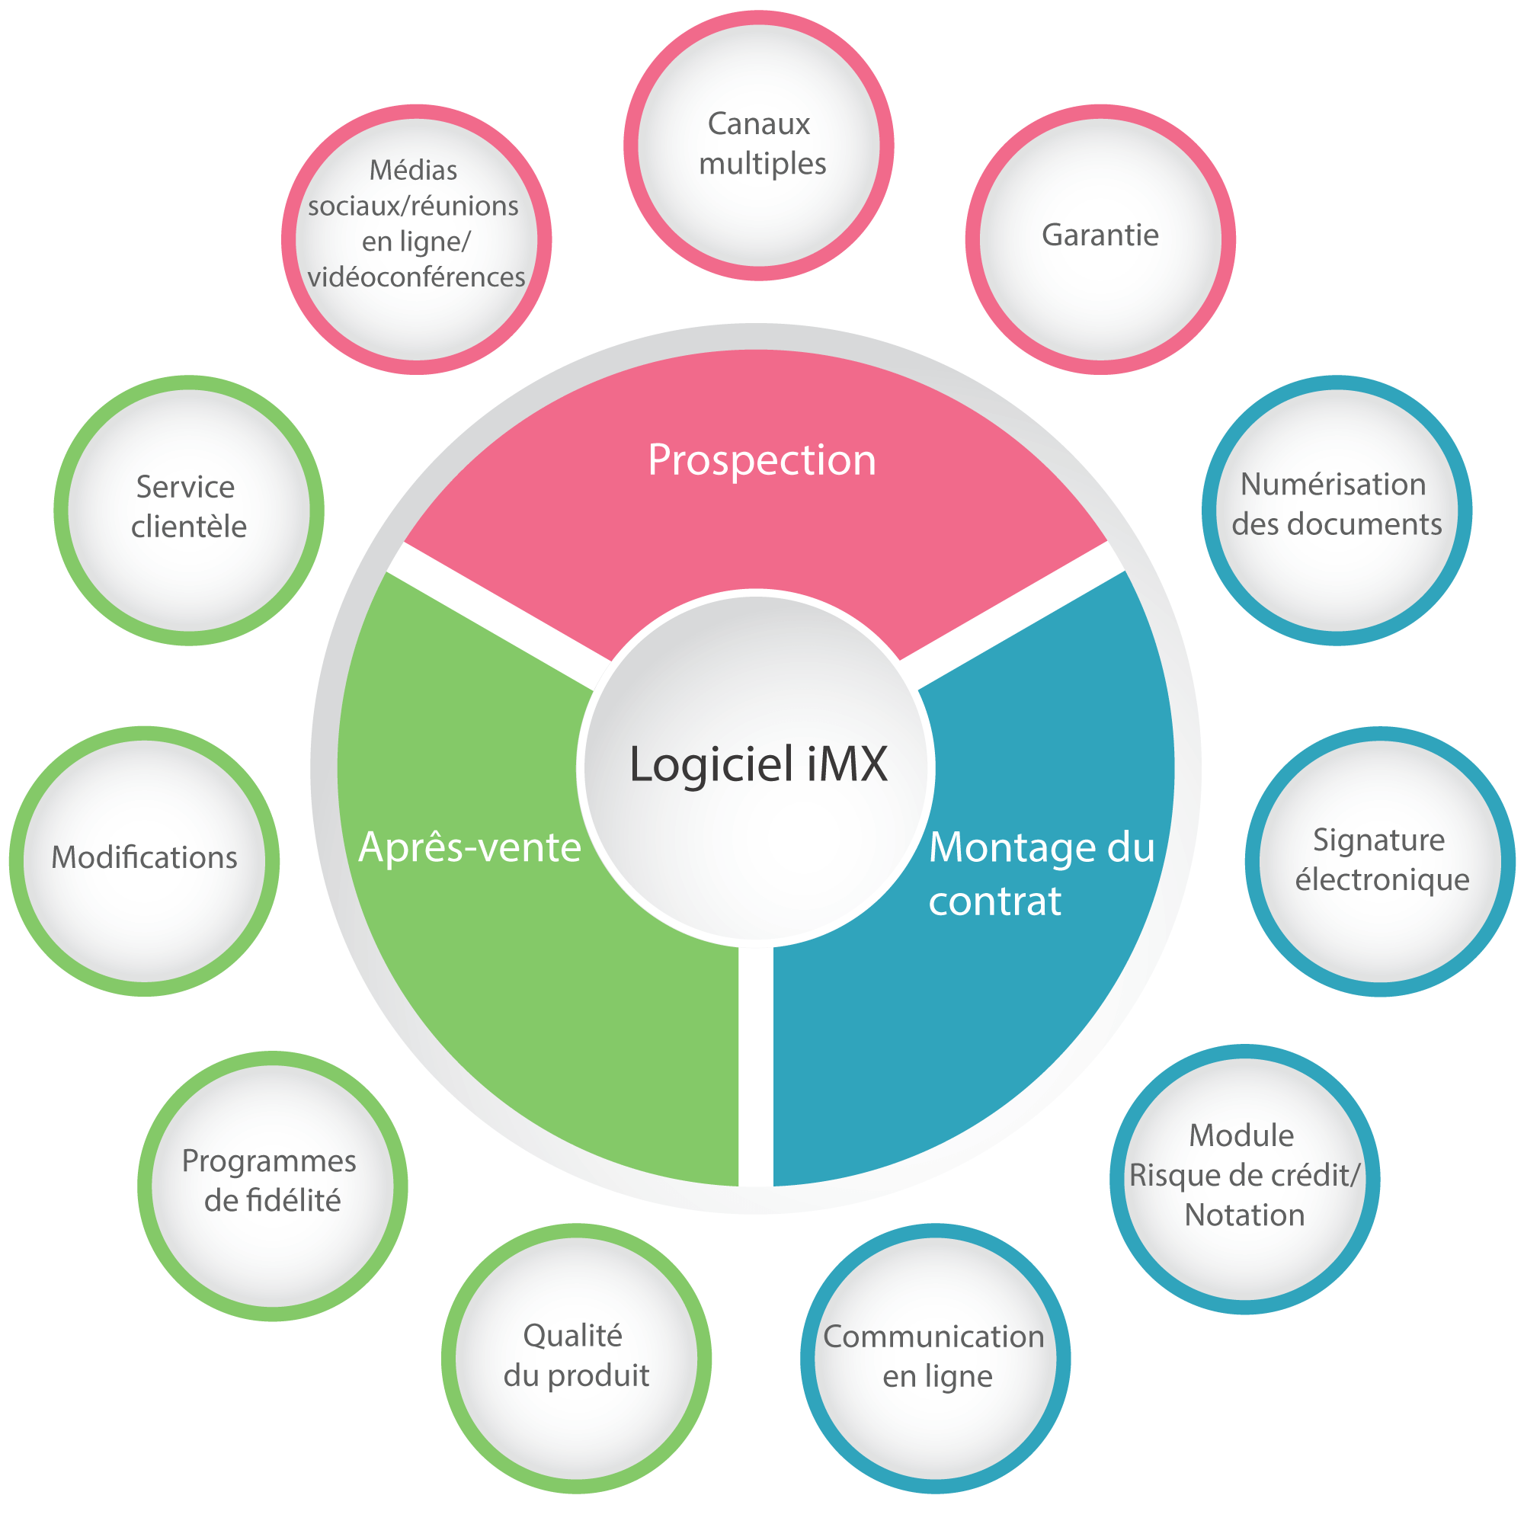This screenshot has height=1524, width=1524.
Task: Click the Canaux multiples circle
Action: [x=758, y=145]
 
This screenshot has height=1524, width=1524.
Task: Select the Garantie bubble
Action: [x=1100, y=239]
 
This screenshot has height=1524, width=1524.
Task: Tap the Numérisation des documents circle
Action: [x=1337, y=510]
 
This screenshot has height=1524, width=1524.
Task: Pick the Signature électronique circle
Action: [x=1380, y=860]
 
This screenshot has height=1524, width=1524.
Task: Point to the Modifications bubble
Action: [x=144, y=860]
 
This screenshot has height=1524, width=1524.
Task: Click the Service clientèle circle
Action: [x=188, y=510]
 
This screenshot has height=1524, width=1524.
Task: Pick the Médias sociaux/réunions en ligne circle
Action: [x=416, y=239]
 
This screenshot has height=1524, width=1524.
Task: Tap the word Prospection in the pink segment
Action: [x=761, y=460]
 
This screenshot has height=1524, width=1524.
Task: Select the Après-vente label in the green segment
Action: [x=469, y=848]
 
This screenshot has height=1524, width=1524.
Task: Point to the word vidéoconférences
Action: [x=416, y=277]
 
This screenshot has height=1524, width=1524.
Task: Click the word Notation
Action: [x=1244, y=1215]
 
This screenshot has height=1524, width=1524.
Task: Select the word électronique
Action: [x=1382, y=879]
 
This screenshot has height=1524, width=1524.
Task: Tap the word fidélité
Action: [x=272, y=1201]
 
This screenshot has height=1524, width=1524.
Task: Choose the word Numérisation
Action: [x=1333, y=485]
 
